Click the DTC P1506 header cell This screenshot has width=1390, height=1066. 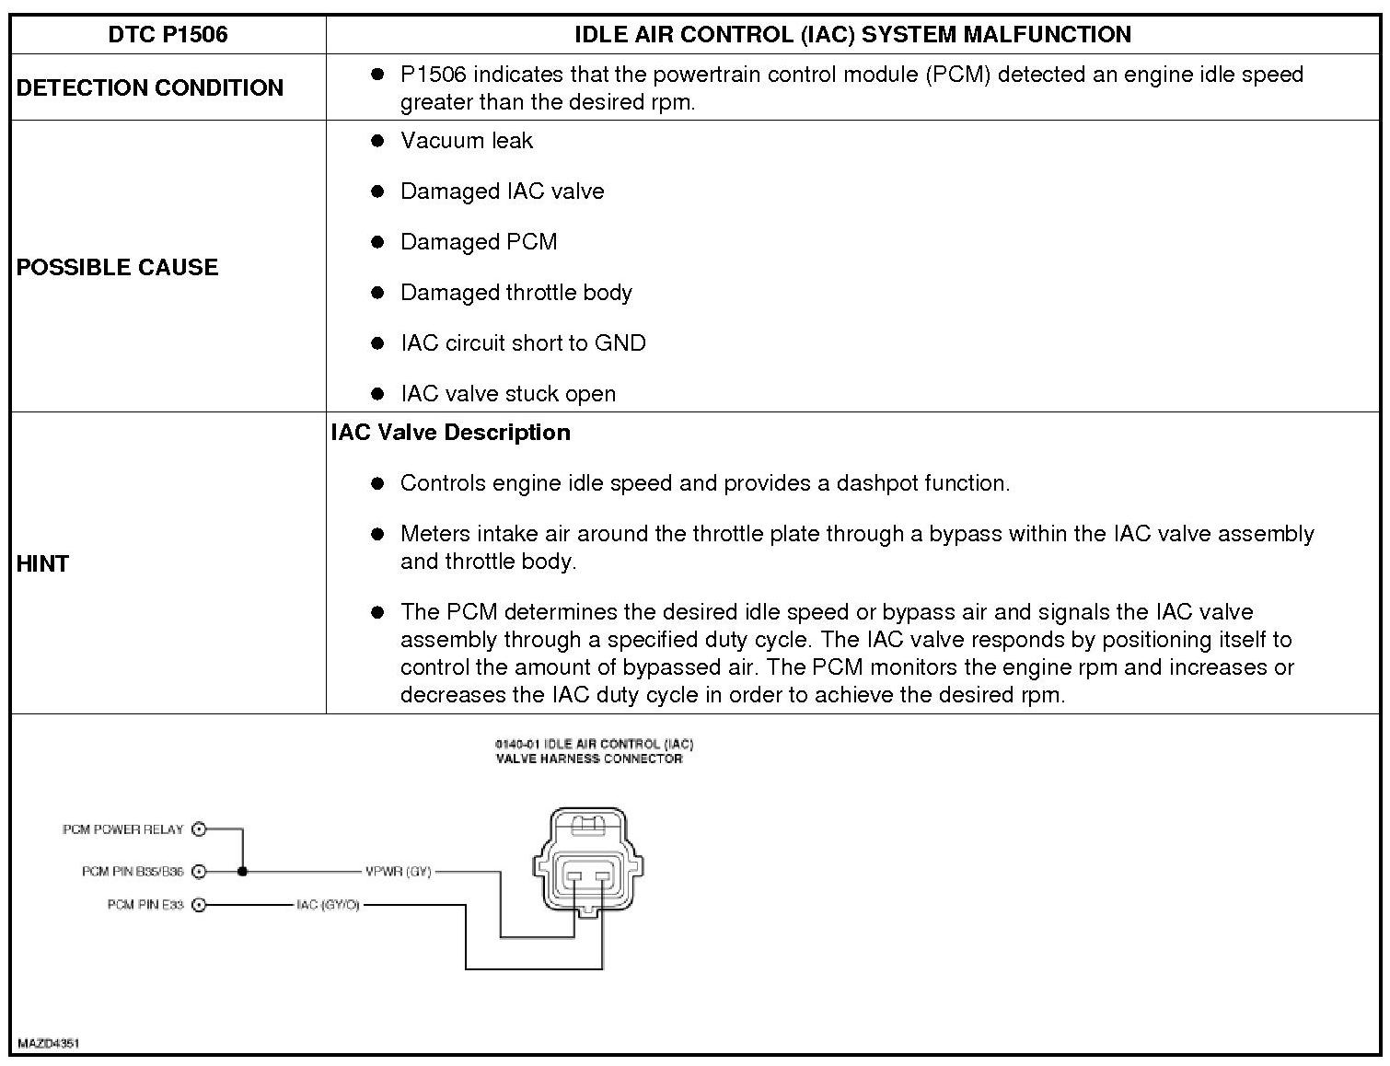click(168, 35)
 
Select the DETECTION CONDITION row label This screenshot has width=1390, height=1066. click(150, 87)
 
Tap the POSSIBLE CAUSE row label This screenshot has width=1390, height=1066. click(118, 267)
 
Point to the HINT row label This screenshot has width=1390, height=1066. click(43, 563)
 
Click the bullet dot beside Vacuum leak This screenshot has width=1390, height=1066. click(376, 141)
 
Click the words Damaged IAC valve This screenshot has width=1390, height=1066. click(502, 191)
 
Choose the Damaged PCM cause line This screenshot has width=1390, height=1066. click(479, 242)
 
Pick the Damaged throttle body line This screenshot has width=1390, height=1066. click(515, 293)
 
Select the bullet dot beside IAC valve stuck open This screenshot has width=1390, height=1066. click(376, 394)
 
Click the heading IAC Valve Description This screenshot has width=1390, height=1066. click(450, 433)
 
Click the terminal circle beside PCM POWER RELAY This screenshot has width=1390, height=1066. click(200, 829)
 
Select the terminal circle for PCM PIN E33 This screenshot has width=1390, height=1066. click(200, 905)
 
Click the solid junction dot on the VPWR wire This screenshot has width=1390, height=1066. click(243, 871)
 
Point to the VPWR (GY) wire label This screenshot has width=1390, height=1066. click(398, 871)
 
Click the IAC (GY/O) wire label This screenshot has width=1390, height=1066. click(328, 905)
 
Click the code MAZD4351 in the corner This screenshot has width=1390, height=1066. click(48, 1044)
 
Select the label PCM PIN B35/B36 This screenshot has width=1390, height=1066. click(133, 871)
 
